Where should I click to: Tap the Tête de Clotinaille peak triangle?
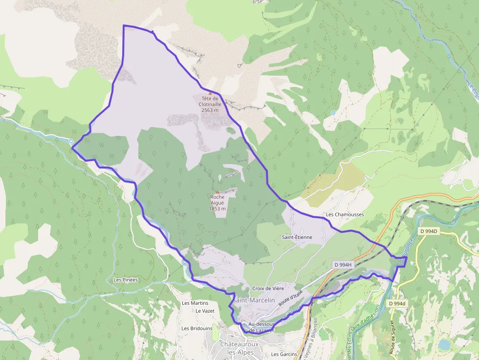(x=210, y=93)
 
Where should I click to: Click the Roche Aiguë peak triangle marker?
(x=218, y=192)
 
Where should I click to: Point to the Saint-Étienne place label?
(x=297, y=237)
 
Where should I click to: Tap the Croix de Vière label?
(x=268, y=289)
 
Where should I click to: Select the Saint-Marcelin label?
(x=254, y=300)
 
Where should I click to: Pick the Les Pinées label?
(x=126, y=280)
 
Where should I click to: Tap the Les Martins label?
(x=195, y=303)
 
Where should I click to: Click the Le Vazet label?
(x=205, y=311)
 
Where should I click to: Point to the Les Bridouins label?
(x=196, y=328)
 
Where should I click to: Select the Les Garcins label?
(x=284, y=354)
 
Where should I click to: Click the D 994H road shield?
(x=343, y=265)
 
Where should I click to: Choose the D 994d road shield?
(x=397, y=303)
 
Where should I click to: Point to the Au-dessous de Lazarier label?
(x=261, y=327)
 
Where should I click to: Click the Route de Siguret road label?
(x=392, y=338)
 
